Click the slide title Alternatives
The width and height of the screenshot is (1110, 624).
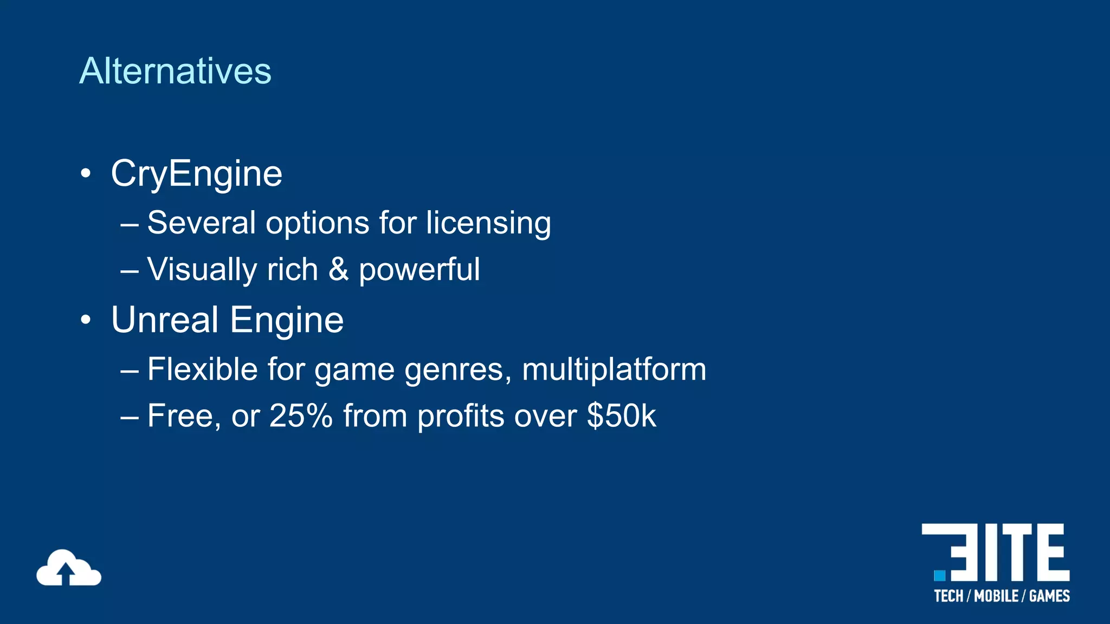[175, 71]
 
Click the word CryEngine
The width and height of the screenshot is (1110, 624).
[196, 174]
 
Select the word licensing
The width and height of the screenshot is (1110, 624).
[488, 223]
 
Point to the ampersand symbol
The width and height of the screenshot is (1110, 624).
[338, 269]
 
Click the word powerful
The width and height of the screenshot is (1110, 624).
[419, 270]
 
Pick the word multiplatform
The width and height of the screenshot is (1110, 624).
[614, 369]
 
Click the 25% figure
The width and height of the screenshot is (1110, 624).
[301, 416]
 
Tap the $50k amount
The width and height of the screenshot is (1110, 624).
[621, 416]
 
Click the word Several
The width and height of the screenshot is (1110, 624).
[201, 223]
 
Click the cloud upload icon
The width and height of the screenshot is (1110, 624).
[68, 568]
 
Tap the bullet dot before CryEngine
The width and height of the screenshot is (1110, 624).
[86, 174]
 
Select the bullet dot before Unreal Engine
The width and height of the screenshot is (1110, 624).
[86, 320]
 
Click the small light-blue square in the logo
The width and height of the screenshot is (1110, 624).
[940, 575]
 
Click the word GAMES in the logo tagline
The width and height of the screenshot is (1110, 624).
[1049, 596]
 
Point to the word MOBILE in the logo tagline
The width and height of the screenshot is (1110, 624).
[996, 596]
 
